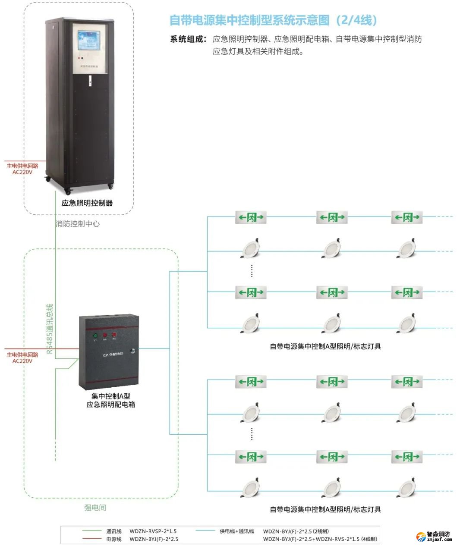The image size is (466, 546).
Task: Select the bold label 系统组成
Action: [x=189, y=39]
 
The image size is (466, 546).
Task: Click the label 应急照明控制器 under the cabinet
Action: [x=87, y=203]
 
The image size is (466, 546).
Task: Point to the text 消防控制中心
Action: [x=78, y=224]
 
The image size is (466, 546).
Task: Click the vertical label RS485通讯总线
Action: [x=50, y=329]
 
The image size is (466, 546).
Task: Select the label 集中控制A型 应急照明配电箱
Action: [x=110, y=400]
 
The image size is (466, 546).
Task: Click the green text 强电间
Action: [x=95, y=508]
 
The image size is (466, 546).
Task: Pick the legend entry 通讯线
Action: [x=114, y=531]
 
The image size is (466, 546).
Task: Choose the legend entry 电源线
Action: [x=114, y=539]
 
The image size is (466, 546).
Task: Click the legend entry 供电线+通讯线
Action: [x=237, y=531]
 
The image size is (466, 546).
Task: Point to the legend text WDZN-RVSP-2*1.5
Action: [x=153, y=531]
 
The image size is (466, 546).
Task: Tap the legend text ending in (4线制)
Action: [x=320, y=539]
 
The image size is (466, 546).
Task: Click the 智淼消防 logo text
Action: [x=438, y=534]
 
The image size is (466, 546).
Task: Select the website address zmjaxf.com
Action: [x=438, y=540]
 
